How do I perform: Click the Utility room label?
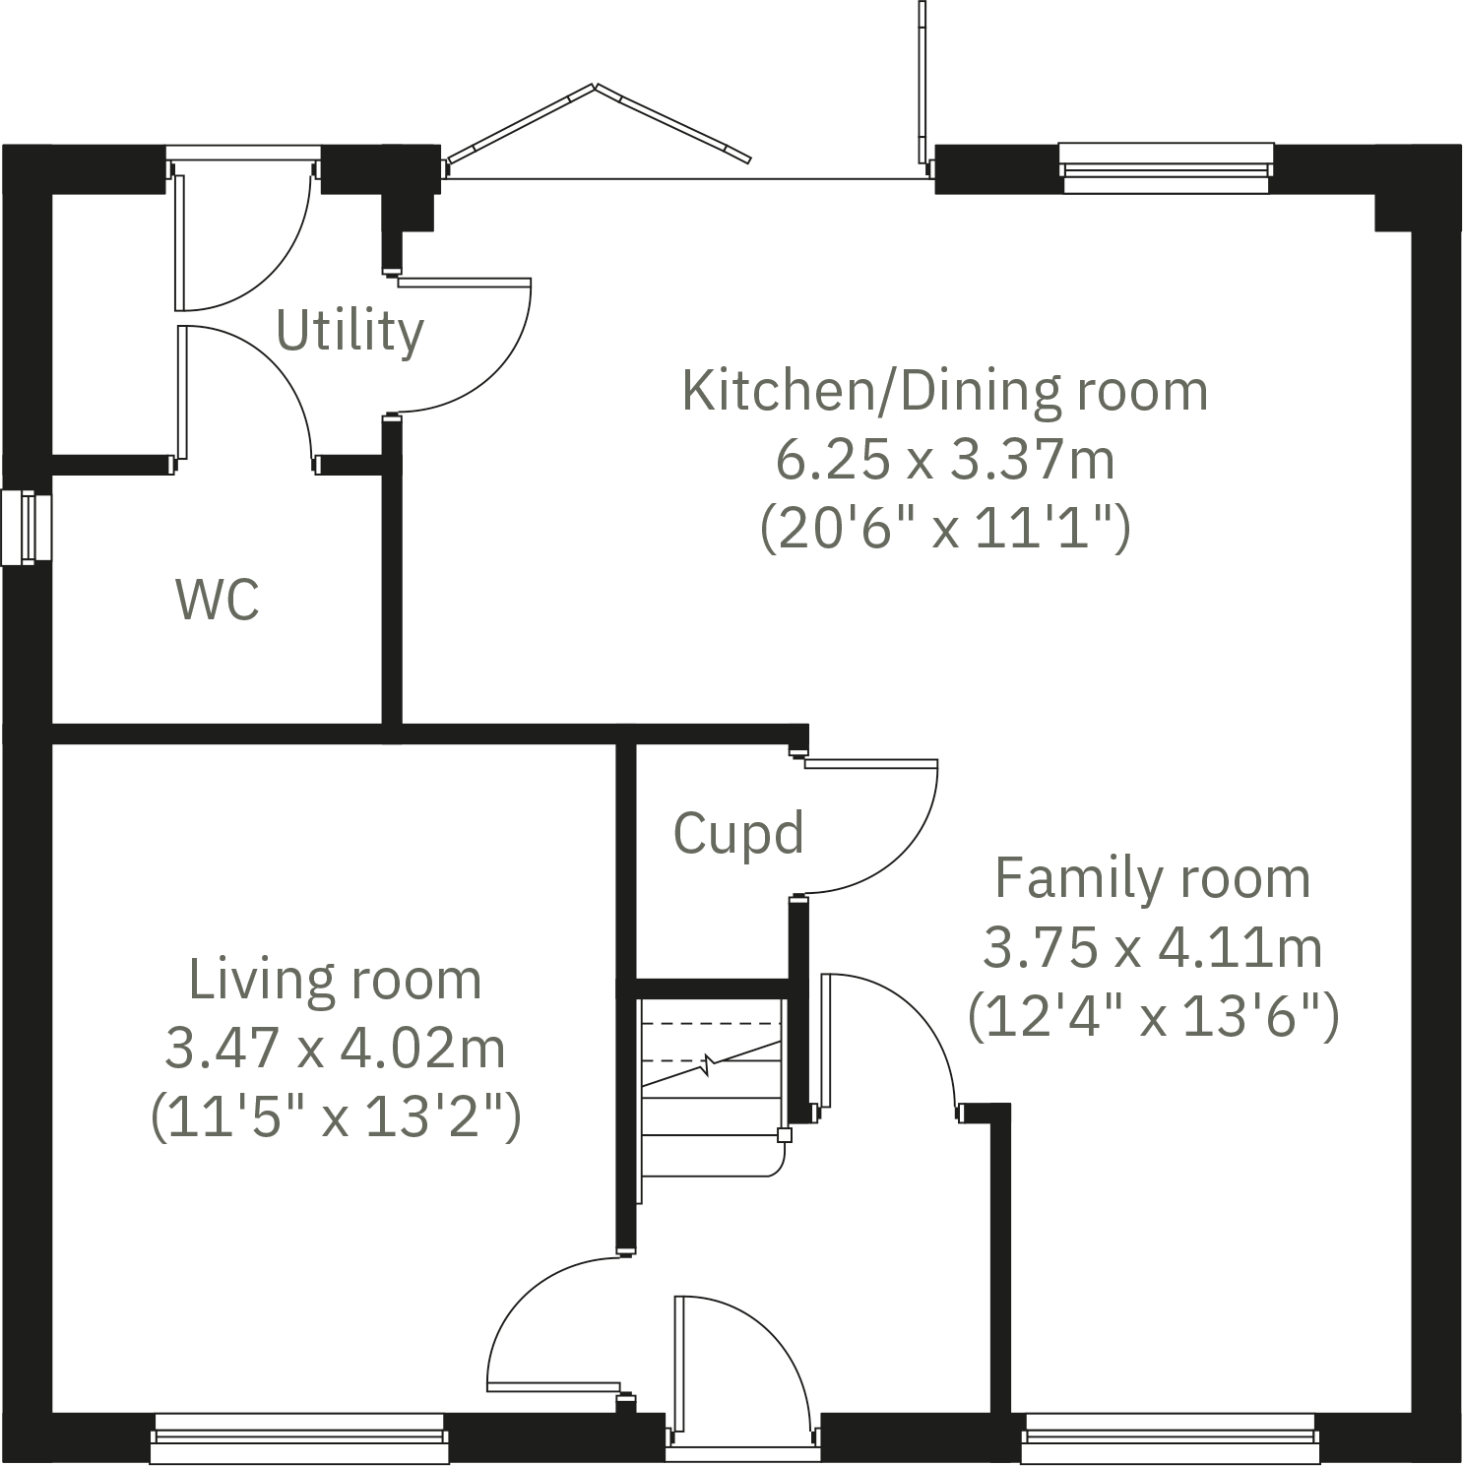[x=350, y=331]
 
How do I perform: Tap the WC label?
[x=218, y=599]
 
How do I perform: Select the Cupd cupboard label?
[x=738, y=834]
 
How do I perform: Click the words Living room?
[x=335, y=980]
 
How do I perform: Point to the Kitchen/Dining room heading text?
[x=944, y=391]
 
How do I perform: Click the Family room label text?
[x=1152, y=877]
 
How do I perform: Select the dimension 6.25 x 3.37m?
[x=944, y=460]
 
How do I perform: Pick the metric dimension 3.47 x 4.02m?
[x=335, y=1048]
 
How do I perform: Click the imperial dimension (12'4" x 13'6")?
[x=1152, y=1016]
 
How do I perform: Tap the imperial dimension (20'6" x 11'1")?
[x=944, y=529]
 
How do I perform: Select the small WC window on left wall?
[x=26, y=528]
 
